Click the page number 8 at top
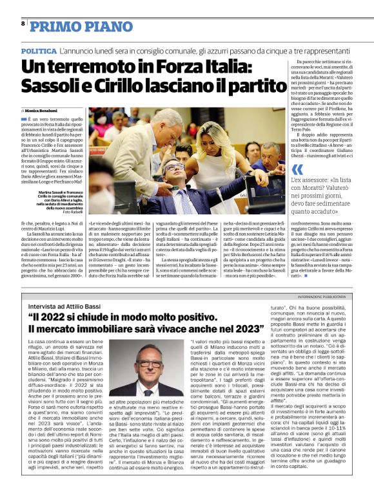pos(23,23)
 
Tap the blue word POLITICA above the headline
pos(37,50)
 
